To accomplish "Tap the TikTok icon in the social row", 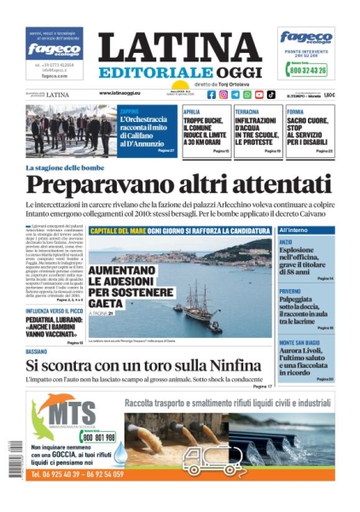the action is (x=270, y=95).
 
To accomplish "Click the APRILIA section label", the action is (x=193, y=112).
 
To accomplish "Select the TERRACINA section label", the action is (x=247, y=112).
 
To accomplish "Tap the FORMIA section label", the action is (x=295, y=112).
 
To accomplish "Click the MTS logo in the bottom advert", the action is (x=64, y=409).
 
